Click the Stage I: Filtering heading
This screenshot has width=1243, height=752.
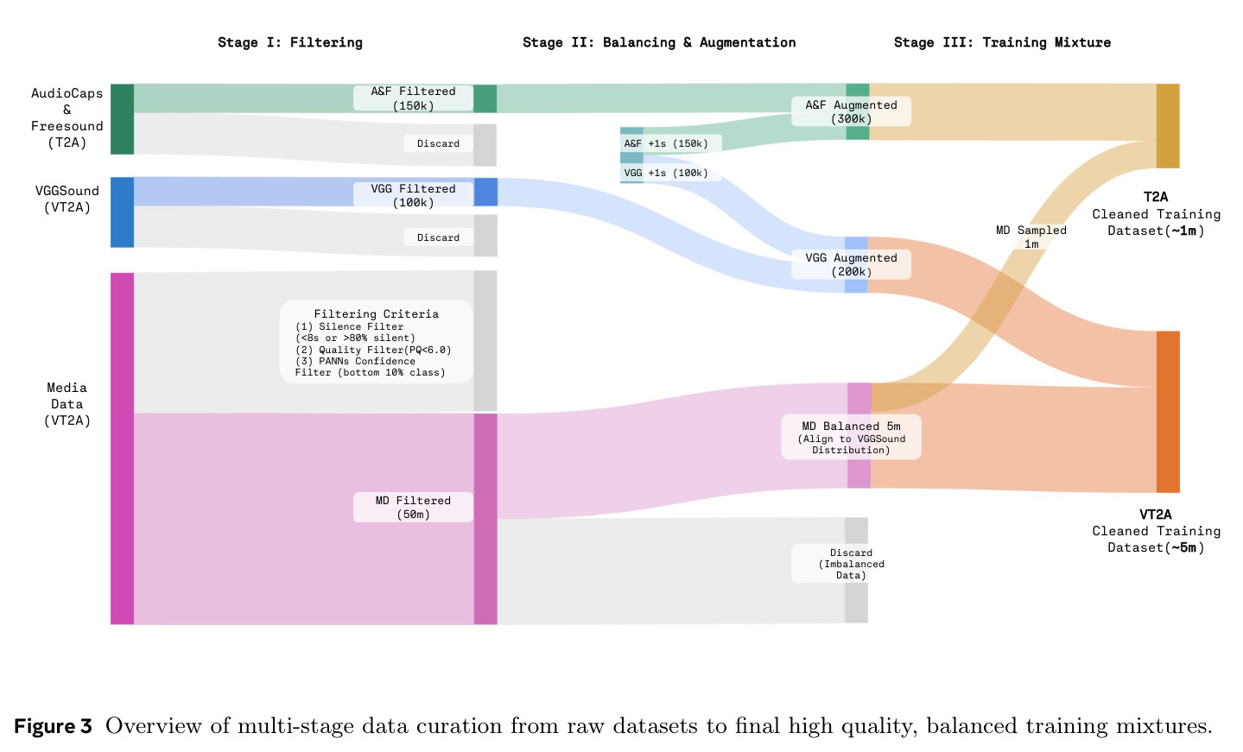(289, 42)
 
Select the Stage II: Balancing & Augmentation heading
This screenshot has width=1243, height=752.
(659, 42)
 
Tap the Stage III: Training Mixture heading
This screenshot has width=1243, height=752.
(1002, 42)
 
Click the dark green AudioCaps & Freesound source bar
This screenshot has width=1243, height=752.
(122, 119)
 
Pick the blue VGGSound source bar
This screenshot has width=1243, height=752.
(122, 212)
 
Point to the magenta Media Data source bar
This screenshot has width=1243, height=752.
(122, 449)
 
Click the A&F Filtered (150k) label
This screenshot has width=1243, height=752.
(413, 98)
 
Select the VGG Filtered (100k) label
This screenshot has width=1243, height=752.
(413, 195)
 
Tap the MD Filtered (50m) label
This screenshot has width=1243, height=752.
(413, 507)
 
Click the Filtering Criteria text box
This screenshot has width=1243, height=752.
(377, 342)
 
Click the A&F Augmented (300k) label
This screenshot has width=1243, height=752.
(851, 111)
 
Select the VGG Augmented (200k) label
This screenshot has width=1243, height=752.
(851, 264)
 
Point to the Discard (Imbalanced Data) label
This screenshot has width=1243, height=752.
(851, 564)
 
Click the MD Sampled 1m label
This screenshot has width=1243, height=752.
(1031, 237)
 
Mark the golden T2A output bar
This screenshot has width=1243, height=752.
(1168, 126)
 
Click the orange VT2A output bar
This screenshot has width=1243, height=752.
(1168, 412)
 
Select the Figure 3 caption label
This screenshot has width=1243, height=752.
(53, 726)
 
